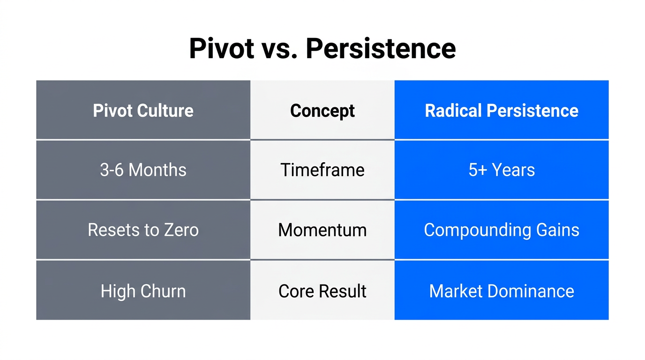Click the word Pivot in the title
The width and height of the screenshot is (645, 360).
(x=221, y=48)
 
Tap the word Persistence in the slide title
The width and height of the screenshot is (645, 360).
(x=381, y=48)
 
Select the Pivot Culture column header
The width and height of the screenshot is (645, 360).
(x=143, y=111)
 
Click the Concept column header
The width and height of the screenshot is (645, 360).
(x=322, y=111)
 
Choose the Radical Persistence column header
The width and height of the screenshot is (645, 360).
(x=502, y=111)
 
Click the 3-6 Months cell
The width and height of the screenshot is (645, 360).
(x=143, y=170)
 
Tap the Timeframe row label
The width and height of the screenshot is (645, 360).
(x=322, y=170)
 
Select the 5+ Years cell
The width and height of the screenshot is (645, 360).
(x=502, y=170)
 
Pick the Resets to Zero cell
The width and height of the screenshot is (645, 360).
(x=143, y=230)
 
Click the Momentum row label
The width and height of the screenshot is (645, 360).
(x=322, y=230)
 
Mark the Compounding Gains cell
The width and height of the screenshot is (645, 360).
(x=502, y=230)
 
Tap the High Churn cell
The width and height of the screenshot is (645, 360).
(x=143, y=291)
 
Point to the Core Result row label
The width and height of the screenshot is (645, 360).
(x=322, y=291)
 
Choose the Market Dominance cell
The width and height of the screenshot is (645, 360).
(x=502, y=291)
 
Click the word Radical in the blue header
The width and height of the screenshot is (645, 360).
(x=453, y=111)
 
